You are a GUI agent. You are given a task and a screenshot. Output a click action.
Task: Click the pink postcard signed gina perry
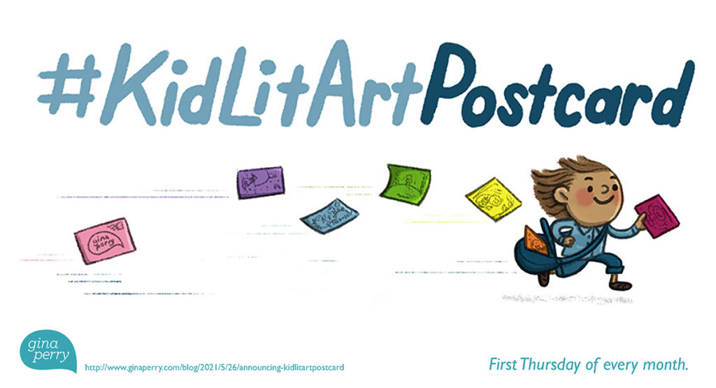pos(105,240)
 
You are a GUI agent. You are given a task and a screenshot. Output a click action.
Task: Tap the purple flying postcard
pos(261,182)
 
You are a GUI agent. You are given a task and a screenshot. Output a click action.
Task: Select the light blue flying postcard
pos(329,216)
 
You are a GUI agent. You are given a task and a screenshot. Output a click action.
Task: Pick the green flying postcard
pos(406,184)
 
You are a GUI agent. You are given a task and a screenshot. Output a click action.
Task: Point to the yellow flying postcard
pos(494,199)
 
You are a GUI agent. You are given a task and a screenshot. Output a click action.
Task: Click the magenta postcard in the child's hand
pos(657,216)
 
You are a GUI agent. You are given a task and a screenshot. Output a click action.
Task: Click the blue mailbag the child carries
pos(534,256)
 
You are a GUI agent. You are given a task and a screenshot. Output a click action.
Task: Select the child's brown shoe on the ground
pos(622,285)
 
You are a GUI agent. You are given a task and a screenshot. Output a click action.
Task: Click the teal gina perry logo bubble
pos(48,350)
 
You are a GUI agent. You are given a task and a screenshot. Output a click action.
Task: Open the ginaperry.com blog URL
pos(215,368)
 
